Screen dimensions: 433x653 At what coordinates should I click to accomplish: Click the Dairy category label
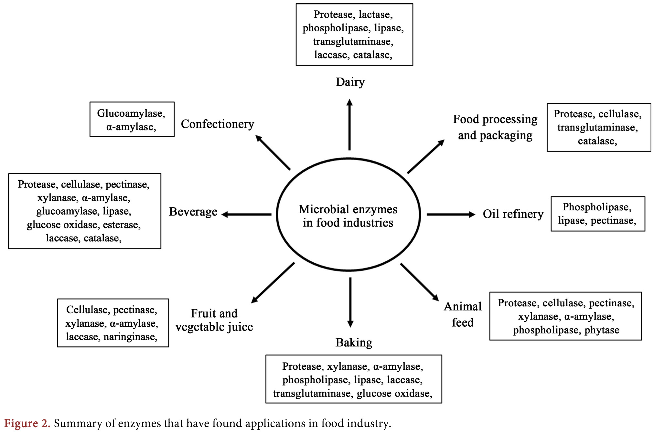(350, 82)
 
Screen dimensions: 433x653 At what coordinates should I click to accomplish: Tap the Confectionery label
(217, 124)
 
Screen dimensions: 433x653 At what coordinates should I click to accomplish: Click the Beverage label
(193, 212)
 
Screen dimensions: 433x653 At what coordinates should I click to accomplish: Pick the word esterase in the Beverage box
(122, 225)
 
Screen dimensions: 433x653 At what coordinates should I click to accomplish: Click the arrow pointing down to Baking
(350, 302)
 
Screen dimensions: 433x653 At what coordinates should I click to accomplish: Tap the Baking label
(354, 343)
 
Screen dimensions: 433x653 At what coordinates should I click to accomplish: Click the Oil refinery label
(513, 214)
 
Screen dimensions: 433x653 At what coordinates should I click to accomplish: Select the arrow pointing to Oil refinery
(451, 214)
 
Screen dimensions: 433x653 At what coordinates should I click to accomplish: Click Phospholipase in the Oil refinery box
(596, 207)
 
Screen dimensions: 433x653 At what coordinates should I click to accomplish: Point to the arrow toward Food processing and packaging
(426, 157)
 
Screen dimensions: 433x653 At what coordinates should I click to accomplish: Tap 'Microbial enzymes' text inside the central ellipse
(348, 209)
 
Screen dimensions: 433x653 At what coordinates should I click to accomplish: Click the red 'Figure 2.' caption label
(27, 423)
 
